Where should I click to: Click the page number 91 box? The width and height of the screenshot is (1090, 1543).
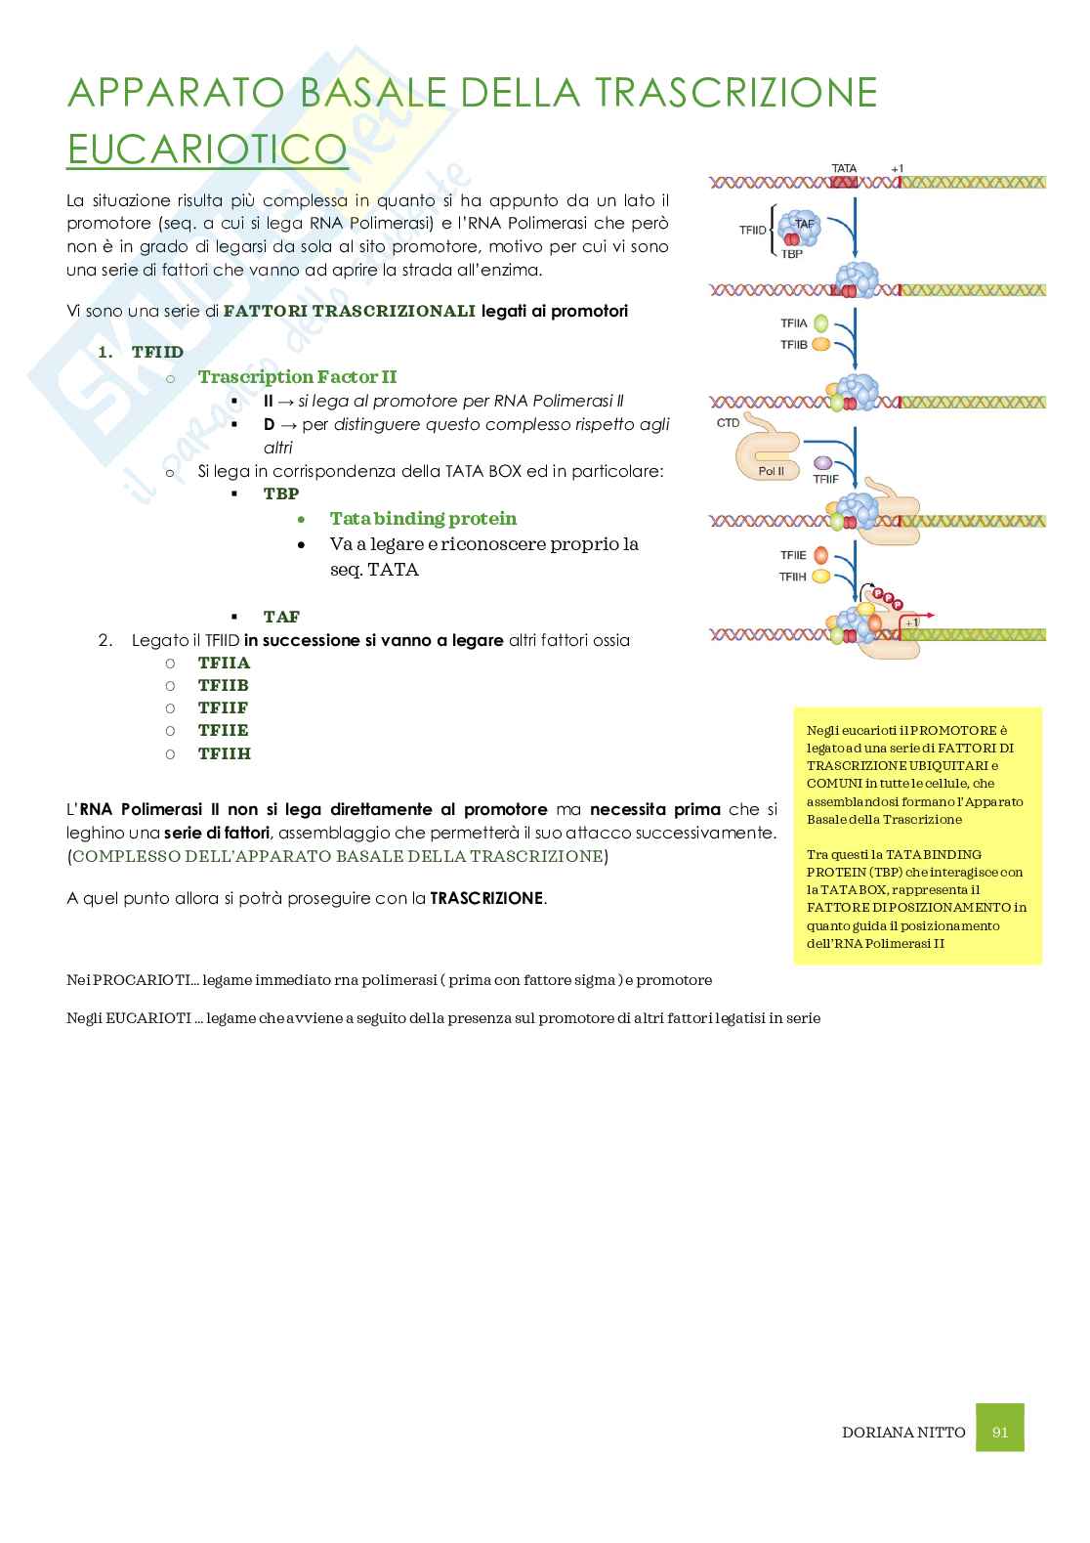999,1432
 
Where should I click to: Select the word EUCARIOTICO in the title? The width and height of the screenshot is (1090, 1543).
207,149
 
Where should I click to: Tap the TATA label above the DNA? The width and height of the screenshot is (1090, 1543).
844,169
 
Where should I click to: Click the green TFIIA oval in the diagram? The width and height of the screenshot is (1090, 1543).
821,322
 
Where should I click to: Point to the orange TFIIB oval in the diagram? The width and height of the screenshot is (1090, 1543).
821,344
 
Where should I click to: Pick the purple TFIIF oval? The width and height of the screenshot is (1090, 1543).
823,462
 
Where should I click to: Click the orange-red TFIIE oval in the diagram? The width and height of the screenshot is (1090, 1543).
821,555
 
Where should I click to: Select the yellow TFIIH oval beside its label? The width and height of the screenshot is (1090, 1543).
821,577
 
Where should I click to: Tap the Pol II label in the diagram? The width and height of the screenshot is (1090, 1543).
772,470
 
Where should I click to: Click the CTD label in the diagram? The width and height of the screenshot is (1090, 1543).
729,423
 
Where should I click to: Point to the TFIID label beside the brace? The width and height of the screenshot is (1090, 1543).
753,231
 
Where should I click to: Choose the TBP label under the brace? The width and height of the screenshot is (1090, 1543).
791,254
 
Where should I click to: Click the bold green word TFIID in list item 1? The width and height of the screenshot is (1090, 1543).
157,352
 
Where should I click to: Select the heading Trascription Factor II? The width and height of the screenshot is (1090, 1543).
297,376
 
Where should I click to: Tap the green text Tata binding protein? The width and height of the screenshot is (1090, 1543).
423,518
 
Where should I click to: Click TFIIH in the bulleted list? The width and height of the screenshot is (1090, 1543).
225,753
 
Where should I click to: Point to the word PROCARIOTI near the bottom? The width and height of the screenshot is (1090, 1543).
135,979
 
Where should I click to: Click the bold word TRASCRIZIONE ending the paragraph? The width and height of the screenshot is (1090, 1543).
486,898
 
